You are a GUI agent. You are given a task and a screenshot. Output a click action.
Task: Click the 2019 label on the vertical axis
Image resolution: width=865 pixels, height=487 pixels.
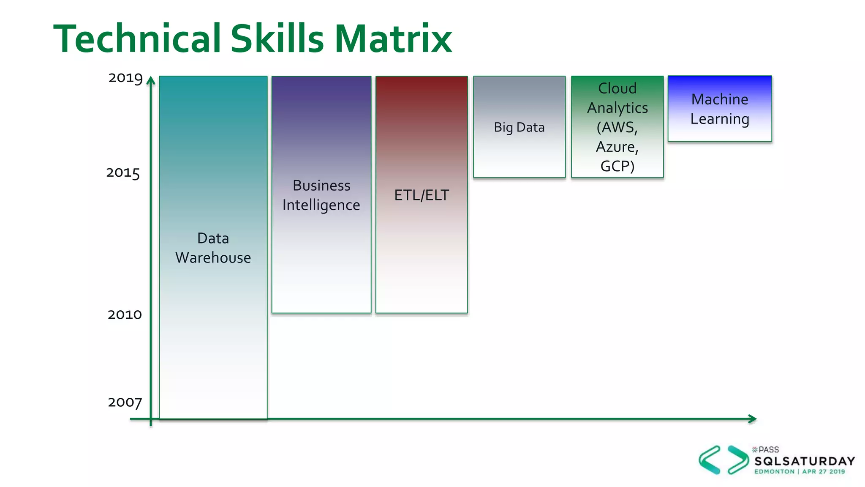click(125, 78)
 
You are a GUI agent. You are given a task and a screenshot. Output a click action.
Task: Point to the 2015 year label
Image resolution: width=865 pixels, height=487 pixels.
click(123, 173)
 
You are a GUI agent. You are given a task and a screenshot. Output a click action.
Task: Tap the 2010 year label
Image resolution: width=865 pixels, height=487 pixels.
click(125, 315)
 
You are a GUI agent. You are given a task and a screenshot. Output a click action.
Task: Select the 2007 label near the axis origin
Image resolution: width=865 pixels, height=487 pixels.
click(125, 402)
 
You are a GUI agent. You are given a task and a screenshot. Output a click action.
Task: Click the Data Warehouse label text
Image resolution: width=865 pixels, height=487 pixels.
click(213, 248)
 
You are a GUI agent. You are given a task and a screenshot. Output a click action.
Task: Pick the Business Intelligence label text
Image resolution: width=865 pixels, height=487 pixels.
click(321, 195)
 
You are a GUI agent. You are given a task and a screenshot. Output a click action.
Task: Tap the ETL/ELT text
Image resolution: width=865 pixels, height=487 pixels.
click(422, 195)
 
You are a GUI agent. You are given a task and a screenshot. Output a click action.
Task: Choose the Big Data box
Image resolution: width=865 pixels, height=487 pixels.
click(519, 127)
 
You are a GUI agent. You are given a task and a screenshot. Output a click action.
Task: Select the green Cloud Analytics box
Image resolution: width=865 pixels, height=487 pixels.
click(617, 127)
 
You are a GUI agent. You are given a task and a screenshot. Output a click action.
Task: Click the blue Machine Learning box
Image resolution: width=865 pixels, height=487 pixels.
click(720, 109)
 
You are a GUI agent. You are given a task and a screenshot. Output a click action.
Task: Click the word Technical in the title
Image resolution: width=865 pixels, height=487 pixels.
click(137, 39)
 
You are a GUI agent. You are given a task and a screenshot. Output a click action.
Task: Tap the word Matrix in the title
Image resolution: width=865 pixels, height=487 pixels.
click(393, 39)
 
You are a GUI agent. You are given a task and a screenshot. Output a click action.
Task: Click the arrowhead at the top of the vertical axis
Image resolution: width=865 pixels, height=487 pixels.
click(151, 80)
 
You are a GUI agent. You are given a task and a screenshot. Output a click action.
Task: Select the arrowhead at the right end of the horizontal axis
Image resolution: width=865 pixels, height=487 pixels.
click(752, 419)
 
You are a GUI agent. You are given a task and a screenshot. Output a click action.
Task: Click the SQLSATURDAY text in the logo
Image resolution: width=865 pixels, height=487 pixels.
click(805, 461)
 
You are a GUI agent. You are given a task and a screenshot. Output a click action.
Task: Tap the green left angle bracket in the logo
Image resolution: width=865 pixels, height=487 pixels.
click(710, 460)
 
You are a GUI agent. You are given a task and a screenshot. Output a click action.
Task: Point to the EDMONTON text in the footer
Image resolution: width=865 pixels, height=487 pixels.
click(774, 472)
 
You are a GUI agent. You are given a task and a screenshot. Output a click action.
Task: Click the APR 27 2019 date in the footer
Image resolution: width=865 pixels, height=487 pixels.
click(824, 472)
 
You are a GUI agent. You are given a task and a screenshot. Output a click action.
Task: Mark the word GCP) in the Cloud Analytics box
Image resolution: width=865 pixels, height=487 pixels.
click(617, 167)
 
